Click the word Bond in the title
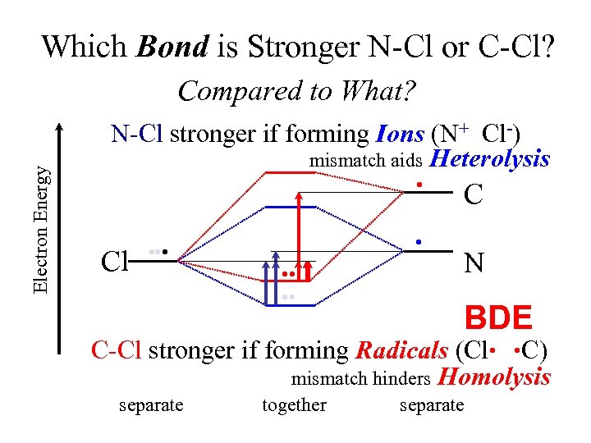(x=172, y=47)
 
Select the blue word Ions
(x=400, y=133)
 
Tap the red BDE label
(x=498, y=317)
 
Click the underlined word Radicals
(x=401, y=350)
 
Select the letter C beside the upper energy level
(x=473, y=195)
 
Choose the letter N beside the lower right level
(x=473, y=263)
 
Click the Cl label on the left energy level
(x=113, y=261)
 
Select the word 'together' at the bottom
(x=294, y=404)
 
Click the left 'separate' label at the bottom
(x=151, y=404)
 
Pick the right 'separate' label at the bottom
(x=431, y=404)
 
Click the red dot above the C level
(x=419, y=184)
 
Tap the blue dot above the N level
(x=419, y=241)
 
